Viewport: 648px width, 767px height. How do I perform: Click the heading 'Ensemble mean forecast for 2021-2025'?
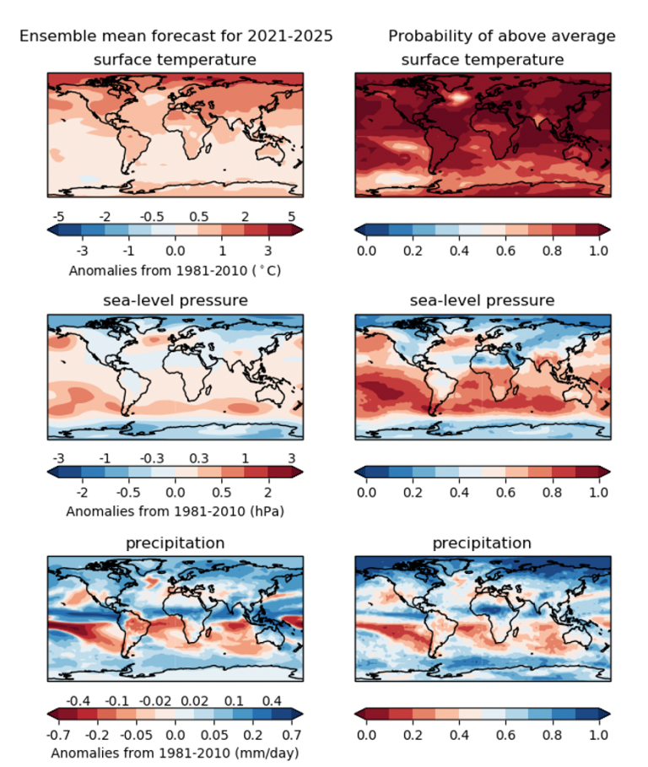click(x=175, y=36)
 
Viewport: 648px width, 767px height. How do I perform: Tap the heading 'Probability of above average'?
click(x=501, y=36)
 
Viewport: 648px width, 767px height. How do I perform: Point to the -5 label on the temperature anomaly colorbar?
click(x=58, y=216)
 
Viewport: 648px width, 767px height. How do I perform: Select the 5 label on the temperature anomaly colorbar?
click(x=291, y=216)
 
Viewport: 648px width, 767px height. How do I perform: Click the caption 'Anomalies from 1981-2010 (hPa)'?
click(x=175, y=511)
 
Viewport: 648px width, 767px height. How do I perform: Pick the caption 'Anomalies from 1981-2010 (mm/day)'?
click(x=175, y=752)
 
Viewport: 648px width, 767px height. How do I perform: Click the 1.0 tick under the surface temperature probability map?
click(x=598, y=251)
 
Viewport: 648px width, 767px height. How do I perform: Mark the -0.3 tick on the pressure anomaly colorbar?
click(x=152, y=458)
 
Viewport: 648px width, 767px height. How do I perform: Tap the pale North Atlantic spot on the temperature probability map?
click(x=458, y=97)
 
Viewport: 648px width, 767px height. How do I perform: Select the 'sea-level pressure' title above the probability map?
click(x=482, y=301)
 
